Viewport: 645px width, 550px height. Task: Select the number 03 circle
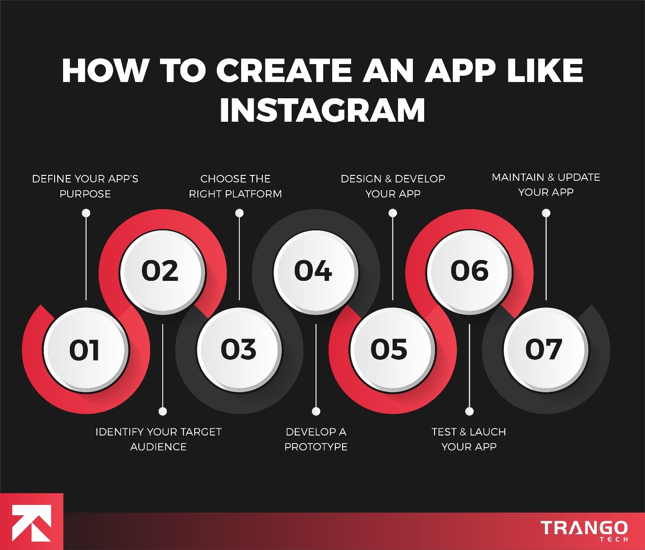(x=239, y=350)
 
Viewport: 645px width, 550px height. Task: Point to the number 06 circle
(x=469, y=271)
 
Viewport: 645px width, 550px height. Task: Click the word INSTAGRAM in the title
(x=322, y=110)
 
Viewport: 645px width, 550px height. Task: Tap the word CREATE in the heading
(x=284, y=71)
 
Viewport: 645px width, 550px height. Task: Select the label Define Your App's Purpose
(x=85, y=186)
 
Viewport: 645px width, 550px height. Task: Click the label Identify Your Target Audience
(x=158, y=439)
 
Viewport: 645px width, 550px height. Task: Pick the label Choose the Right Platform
(x=235, y=186)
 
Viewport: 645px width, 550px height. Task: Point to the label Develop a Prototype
(x=316, y=439)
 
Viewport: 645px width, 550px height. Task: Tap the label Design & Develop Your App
(x=393, y=186)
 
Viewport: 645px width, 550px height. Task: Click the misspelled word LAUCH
(x=488, y=432)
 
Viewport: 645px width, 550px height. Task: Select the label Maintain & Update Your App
(x=546, y=185)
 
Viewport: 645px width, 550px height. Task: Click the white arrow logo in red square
(x=31, y=522)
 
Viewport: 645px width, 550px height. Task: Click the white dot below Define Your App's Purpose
(x=86, y=213)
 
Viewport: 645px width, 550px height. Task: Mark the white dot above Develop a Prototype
(x=316, y=411)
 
